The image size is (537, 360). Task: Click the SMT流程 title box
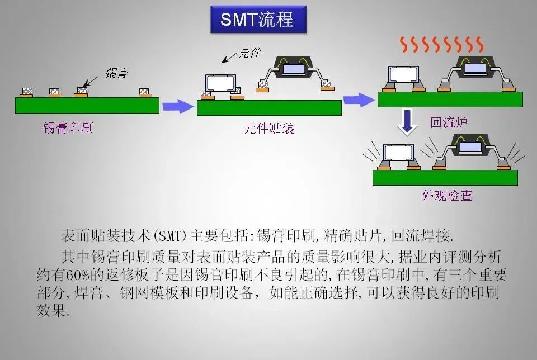[259, 21]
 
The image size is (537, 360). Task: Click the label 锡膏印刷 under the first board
[68, 128]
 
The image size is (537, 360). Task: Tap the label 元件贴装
[269, 129]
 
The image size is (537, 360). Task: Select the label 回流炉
[449, 122]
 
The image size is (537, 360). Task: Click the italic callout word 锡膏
[116, 73]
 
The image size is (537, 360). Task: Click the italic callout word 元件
[249, 54]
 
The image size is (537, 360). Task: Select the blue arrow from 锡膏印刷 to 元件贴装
[178, 106]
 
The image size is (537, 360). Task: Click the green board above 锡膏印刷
[87, 106]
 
